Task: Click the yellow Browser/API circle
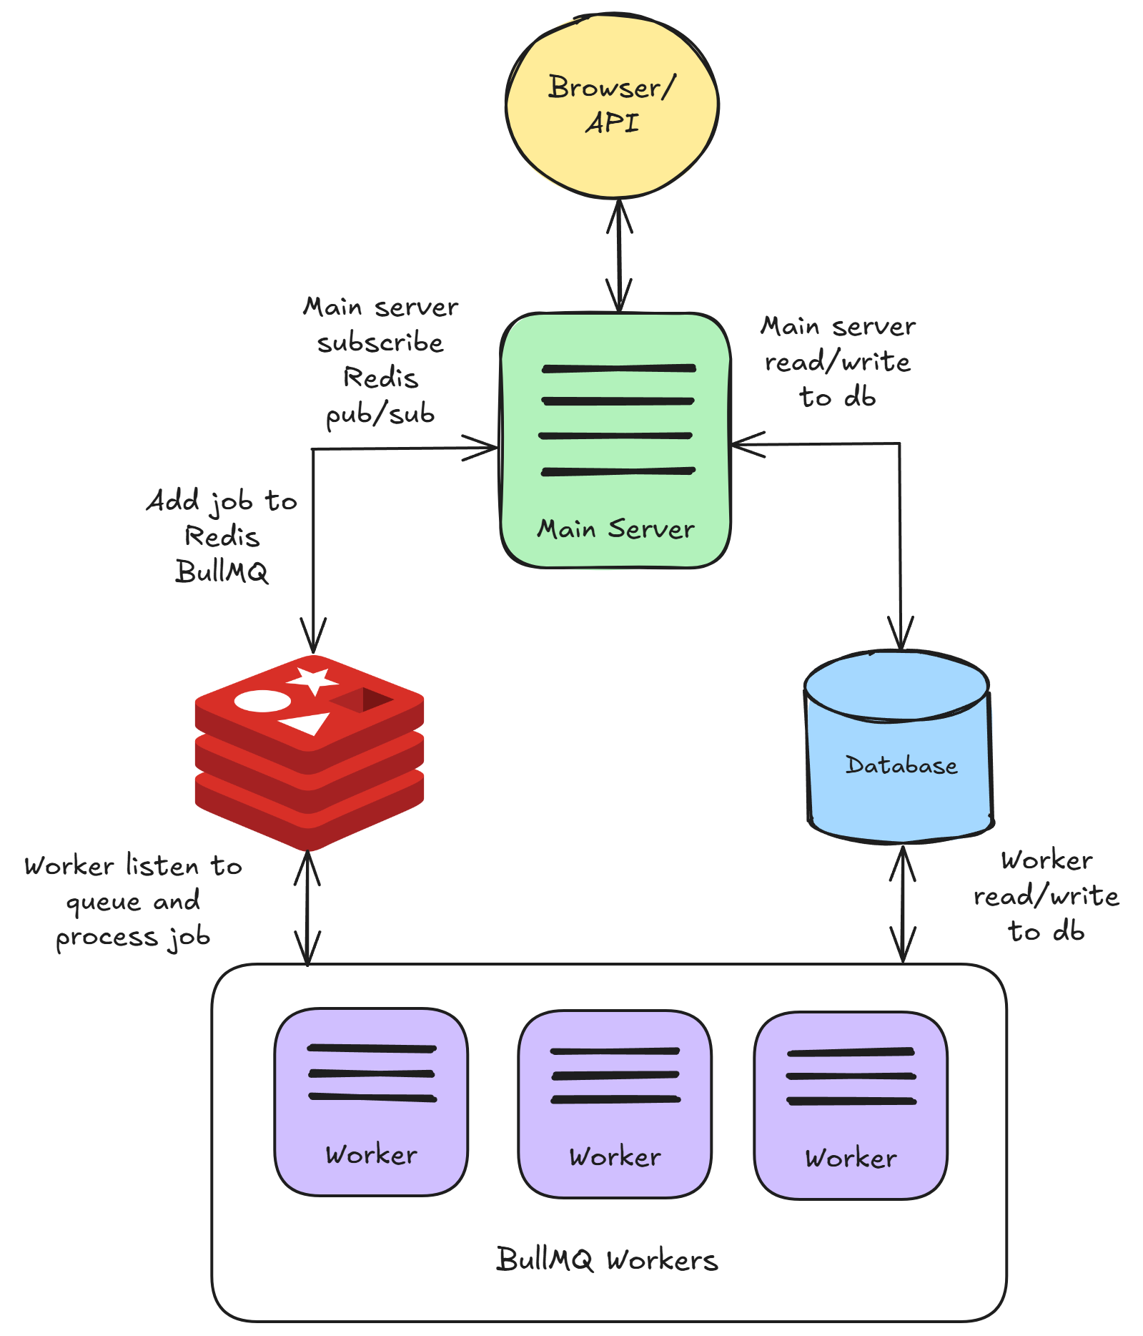[x=612, y=106]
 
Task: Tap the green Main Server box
[x=615, y=440]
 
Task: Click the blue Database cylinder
[x=899, y=747]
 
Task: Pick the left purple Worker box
[x=371, y=1101]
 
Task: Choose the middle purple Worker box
[x=615, y=1104]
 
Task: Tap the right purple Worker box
[x=851, y=1105]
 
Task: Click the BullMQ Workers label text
[x=607, y=1259]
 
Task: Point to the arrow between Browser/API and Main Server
[x=619, y=255]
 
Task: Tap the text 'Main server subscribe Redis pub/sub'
[x=380, y=360]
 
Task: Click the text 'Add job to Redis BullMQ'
[x=222, y=536]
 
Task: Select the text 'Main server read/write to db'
[x=838, y=362]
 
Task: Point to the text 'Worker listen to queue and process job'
[x=133, y=901]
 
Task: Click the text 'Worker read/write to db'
[x=1046, y=895]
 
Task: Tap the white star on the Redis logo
[x=312, y=679]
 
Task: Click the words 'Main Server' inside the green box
[x=615, y=529]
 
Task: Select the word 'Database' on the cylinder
[x=901, y=765]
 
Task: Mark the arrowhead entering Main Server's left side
[x=486, y=448]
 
